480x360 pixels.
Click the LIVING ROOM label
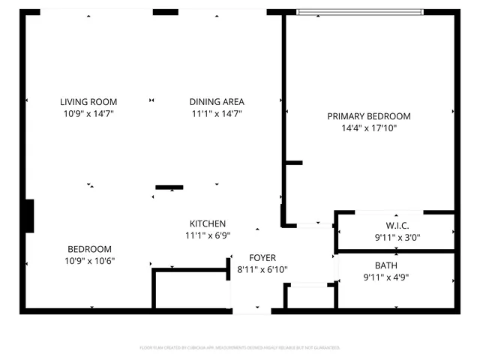89,102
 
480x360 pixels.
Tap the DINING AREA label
217,102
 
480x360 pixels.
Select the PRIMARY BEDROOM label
369,116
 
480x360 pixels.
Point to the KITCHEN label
208,224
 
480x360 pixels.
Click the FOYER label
262,258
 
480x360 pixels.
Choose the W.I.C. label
397,226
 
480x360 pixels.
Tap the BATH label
386,265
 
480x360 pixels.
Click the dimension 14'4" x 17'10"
369,128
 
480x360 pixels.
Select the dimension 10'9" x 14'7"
89,114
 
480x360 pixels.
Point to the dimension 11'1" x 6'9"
208,235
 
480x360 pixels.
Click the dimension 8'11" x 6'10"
262,270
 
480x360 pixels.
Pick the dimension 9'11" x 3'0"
397,238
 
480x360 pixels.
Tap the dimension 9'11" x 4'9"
386,277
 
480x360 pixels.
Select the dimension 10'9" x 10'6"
89,261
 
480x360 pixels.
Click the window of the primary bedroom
360,11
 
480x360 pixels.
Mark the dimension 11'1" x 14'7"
217,114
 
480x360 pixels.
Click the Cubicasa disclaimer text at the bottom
240,348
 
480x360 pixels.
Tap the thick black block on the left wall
30,215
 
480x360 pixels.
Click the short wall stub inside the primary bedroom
293,163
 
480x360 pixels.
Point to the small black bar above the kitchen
169,187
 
